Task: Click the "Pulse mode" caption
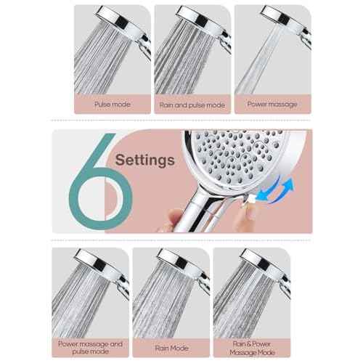pyautogui.click(x=113, y=104)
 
